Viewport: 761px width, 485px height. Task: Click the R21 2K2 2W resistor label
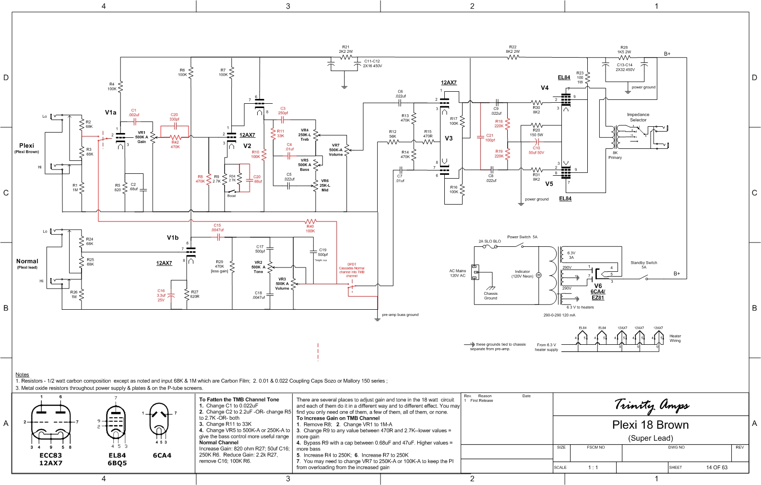(345, 49)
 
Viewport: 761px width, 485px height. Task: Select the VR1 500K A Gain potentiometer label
(142, 137)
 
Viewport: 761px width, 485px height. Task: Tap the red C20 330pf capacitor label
(174, 117)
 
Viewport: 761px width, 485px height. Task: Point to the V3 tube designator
(449, 138)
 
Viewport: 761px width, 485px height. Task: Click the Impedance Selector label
(638, 117)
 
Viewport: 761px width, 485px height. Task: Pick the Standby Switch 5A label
(644, 265)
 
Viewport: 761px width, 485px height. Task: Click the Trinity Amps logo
(651, 405)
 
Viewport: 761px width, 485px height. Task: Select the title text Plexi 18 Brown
(650, 425)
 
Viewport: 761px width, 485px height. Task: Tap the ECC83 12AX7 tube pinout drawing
(51, 423)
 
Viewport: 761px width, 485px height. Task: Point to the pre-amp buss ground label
(400, 315)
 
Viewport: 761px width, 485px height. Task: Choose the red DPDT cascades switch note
(352, 270)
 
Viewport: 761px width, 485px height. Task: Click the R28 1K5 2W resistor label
(624, 49)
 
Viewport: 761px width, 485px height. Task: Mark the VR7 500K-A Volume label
(335, 150)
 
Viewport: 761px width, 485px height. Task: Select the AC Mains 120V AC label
(457, 273)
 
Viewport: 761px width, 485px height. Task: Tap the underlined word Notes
(22, 375)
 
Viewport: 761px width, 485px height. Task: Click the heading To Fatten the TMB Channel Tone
(239, 400)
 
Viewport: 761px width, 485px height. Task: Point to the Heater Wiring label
(675, 339)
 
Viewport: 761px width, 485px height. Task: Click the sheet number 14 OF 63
(716, 467)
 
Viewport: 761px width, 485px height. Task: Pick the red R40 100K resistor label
(310, 229)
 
